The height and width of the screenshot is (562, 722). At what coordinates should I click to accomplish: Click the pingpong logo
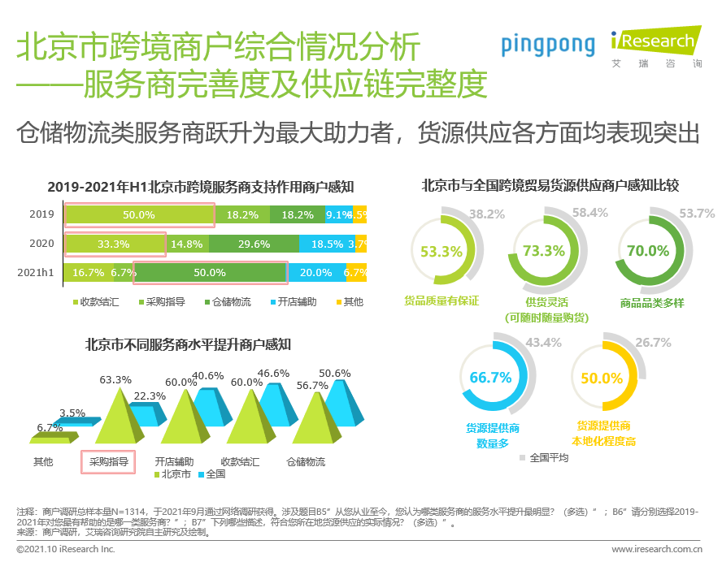coord(547,45)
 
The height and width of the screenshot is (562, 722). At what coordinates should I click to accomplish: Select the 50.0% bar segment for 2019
coord(138,215)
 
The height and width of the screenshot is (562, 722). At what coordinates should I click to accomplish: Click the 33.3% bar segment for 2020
coord(114,244)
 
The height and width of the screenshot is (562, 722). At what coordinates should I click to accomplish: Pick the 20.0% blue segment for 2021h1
coord(315,273)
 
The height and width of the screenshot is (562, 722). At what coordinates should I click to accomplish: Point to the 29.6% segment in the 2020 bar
coord(254,244)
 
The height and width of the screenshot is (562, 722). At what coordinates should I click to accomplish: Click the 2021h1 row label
coord(36,273)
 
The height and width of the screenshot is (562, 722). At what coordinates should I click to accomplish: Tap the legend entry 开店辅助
coord(294,302)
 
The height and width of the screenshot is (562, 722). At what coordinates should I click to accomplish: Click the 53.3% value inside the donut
coord(441,251)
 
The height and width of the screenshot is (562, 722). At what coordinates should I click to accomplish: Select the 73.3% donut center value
coord(544,251)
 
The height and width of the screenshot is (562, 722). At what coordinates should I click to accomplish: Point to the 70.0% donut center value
coord(647,251)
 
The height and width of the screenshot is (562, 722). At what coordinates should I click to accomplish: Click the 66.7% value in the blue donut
coord(490,378)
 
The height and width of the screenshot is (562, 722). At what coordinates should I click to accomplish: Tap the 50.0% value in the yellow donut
coord(602,378)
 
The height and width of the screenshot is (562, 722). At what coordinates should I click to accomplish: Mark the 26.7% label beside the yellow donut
coord(653,343)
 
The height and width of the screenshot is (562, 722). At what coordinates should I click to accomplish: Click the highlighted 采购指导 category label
coord(108,461)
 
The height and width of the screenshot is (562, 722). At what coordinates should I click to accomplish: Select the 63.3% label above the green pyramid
coord(115,379)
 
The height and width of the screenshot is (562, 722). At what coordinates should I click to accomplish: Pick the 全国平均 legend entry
coord(548,457)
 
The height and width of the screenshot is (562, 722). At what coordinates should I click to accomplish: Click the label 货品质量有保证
coord(441,301)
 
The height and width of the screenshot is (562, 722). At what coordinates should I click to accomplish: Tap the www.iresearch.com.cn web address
coord(657,550)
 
